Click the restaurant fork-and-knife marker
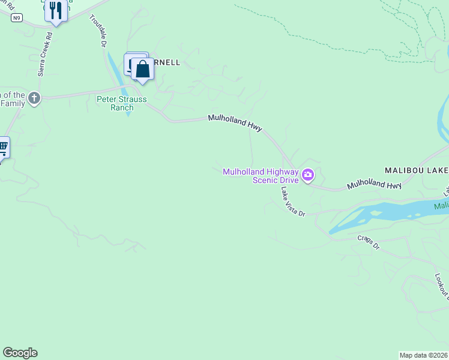point(56,10)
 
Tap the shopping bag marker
point(143,69)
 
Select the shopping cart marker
point(2,147)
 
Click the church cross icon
point(34,98)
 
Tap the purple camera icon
point(308,175)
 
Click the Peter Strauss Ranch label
point(121,103)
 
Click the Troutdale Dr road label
point(98,32)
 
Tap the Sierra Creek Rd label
point(46,54)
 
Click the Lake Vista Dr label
point(294,201)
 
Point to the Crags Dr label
point(369,242)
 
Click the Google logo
point(20,353)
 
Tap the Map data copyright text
point(423,355)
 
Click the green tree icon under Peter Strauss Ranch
point(128,114)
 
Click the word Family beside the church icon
point(13,103)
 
